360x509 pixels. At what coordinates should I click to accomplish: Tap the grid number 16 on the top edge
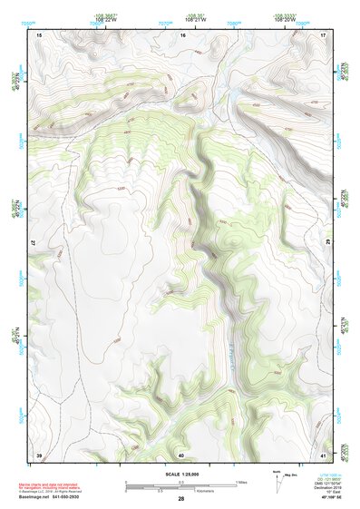coord(181,34)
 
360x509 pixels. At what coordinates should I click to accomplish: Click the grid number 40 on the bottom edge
coord(181,454)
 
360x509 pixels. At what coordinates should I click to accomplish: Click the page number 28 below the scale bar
coord(181,498)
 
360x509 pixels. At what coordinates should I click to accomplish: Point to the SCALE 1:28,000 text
coord(181,474)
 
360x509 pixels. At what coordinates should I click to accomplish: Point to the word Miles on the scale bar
coord(240,481)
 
